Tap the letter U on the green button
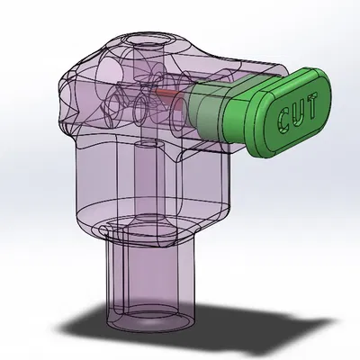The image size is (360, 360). [x=298, y=113]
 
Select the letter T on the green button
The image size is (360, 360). [x=312, y=105]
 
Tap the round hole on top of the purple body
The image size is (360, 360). [x=147, y=40]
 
